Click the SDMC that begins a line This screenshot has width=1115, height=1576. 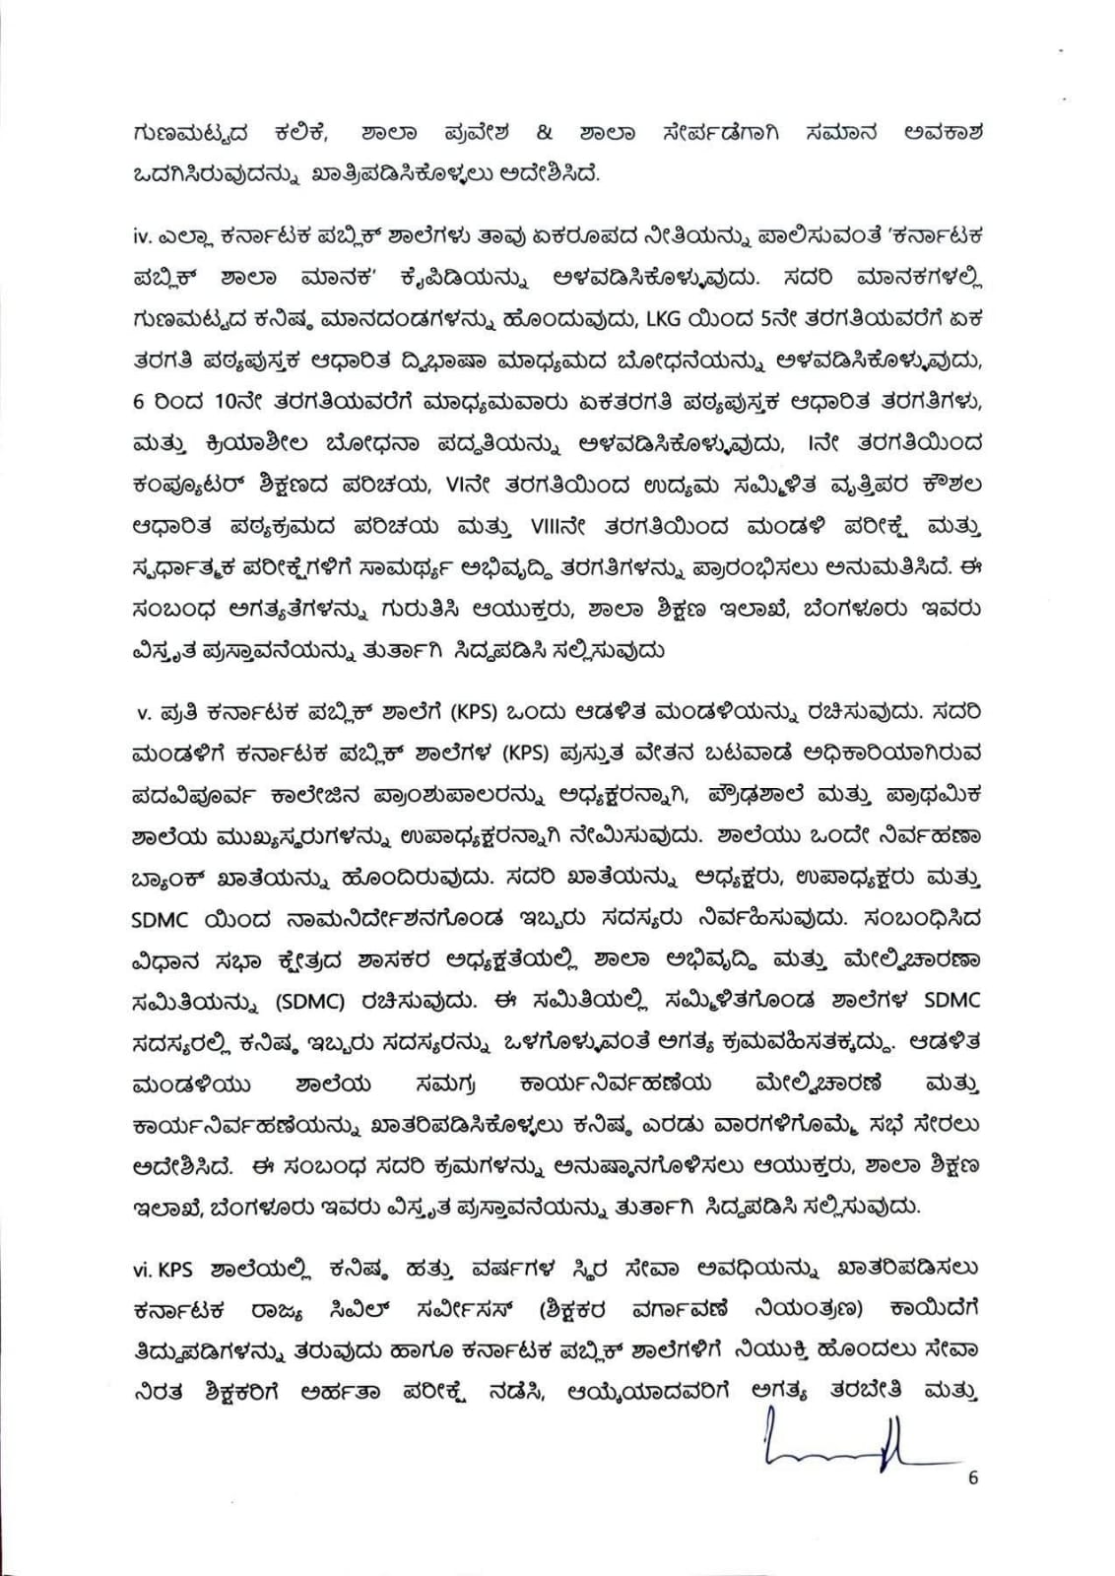[x=164, y=917]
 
